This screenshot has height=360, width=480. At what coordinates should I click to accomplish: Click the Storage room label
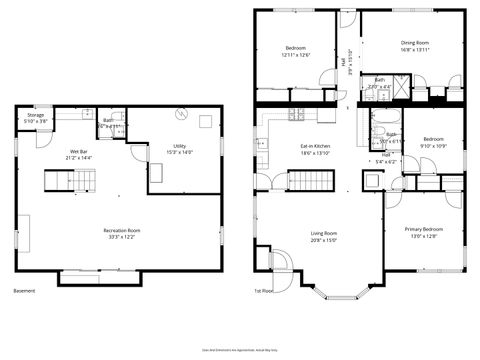(x=35, y=118)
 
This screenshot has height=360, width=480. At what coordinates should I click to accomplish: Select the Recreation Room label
(x=121, y=234)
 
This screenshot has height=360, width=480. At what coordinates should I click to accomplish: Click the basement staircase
(x=65, y=181)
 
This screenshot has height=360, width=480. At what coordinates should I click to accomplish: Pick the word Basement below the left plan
(x=24, y=291)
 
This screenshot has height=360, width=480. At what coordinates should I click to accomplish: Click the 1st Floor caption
(x=263, y=291)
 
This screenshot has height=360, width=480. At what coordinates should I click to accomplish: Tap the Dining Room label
(x=414, y=45)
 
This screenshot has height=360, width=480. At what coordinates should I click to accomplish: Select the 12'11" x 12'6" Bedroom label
(x=296, y=51)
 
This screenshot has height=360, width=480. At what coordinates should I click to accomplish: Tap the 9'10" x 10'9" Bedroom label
(x=434, y=142)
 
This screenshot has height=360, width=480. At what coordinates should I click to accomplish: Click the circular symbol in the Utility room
(x=180, y=113)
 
